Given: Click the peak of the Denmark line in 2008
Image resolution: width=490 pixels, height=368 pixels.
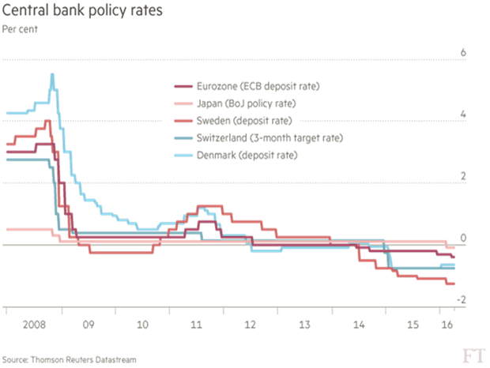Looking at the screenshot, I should click(x=52, y=75).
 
